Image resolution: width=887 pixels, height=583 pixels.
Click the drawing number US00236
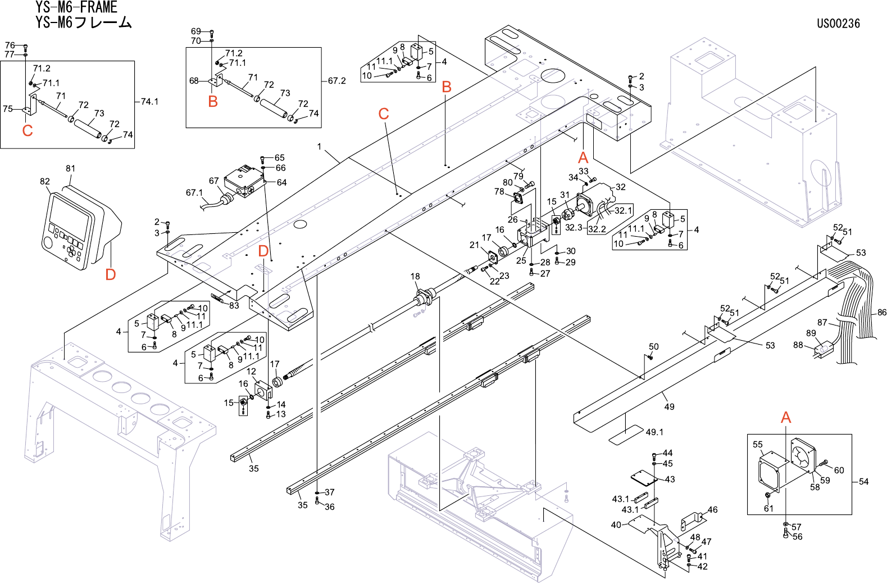pos(838,24)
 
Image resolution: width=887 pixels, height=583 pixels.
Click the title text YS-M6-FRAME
pos(76,7)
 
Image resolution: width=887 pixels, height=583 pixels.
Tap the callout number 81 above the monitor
pos(70,169)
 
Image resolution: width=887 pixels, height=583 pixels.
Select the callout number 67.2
pos(336,81)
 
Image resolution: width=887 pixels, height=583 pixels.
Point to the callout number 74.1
pos(149,102)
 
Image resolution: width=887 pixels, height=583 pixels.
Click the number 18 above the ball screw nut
pos(415,276)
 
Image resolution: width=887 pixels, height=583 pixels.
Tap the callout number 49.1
pos(654,432)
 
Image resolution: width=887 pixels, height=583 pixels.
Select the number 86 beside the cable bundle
pos(882,313)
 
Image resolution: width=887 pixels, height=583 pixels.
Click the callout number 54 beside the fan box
pos(863,482)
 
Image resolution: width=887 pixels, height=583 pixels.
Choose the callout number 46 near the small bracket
pos(712,510)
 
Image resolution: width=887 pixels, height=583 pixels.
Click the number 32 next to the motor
pos(621,187)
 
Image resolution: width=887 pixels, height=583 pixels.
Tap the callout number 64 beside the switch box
pos(281,183)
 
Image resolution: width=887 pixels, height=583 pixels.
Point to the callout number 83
pos(234,306)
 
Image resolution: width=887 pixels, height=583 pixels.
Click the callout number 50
pos(654,347)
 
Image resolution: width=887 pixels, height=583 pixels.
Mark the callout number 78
pos(499,192)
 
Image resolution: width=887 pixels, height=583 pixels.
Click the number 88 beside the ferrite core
pos(798,345)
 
